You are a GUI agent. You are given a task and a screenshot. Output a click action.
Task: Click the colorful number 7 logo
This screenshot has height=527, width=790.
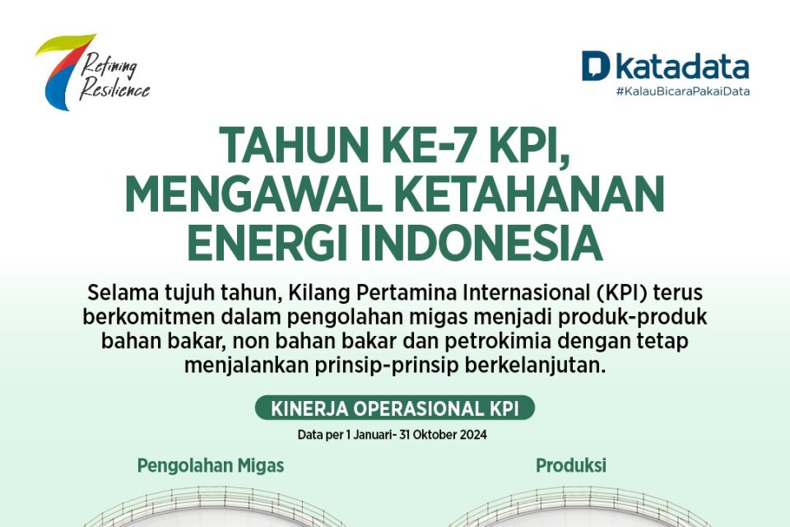click(x=63, y=71)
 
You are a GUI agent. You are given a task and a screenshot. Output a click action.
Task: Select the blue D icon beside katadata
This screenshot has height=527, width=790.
click(x=595, y=66)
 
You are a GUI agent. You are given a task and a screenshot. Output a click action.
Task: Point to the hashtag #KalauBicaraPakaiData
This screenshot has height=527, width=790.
click(x=682, y=91)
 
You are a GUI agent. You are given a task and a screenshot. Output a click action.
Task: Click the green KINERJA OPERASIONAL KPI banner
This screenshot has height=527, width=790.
click(x=394, y=408)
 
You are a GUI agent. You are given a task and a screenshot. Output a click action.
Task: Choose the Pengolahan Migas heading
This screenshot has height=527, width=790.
click(x=211, y=465)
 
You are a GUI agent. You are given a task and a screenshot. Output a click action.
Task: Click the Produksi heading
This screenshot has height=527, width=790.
click(x=571, y=465)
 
